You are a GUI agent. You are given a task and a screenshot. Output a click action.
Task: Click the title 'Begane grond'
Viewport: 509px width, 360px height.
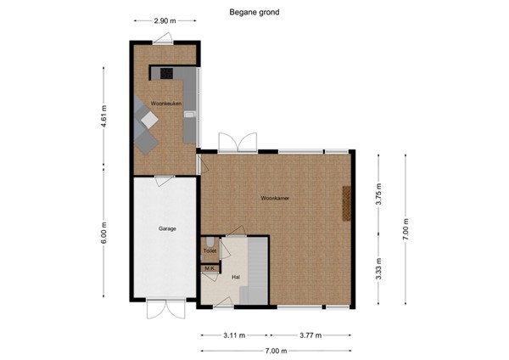coord(254,13)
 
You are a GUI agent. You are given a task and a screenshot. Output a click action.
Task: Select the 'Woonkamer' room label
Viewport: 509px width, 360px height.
coord(276,198)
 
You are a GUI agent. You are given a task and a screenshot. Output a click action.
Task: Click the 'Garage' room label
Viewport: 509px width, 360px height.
coord(166,229)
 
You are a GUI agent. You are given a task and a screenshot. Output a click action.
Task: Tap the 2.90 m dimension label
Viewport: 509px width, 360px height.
coord(166,20)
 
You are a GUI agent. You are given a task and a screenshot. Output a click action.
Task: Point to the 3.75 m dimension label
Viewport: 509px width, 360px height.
coord(379,189)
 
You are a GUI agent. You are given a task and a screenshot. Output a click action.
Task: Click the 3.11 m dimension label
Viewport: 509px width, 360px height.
coord(233,336)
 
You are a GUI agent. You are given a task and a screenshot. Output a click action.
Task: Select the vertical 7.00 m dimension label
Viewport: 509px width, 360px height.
coord(406,227)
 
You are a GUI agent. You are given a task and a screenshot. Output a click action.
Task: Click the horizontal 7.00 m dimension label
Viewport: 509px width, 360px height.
coord(276,351)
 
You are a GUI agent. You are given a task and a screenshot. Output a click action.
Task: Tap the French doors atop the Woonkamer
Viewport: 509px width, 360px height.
coord(238,143)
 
